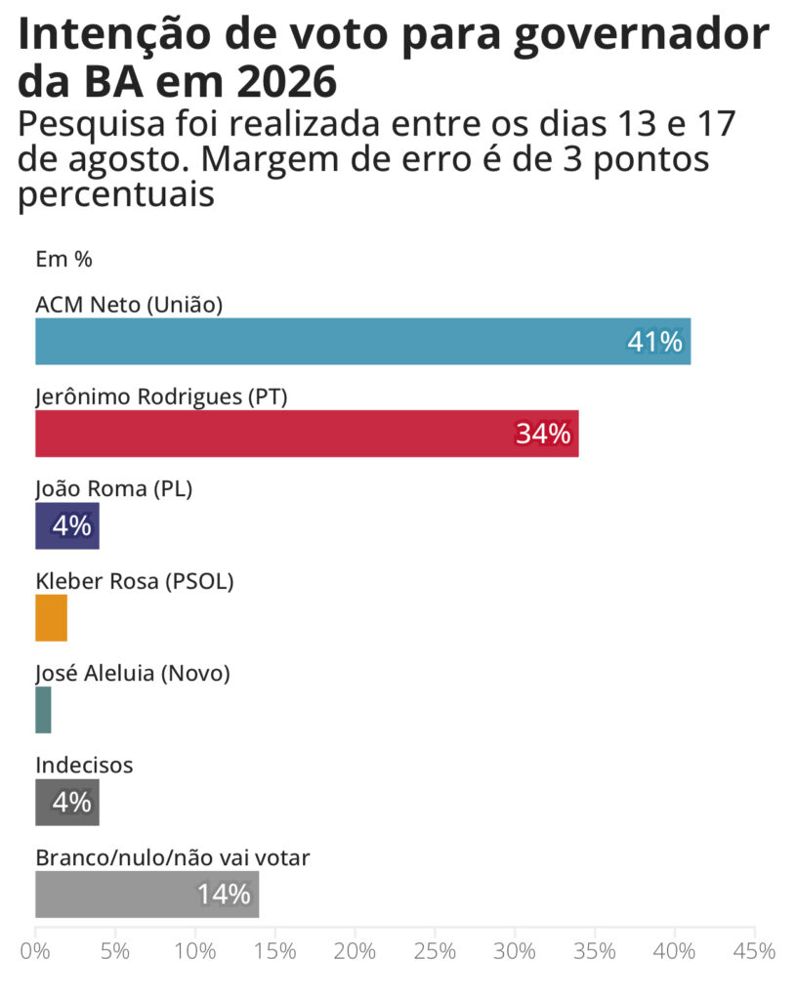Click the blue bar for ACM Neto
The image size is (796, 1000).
pos(363,341)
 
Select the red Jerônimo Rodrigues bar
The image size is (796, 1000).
pos(307,434)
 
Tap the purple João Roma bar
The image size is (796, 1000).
pos(67,525)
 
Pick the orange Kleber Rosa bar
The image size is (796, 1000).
pos(51,618)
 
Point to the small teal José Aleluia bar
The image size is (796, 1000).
pos(43,710)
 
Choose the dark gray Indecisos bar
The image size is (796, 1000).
pos(67,803)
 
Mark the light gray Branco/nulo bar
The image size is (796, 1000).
pos(147,895)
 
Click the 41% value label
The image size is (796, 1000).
pos(655,342)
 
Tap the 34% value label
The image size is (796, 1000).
pos(543,434)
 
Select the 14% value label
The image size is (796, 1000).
pos(224,895)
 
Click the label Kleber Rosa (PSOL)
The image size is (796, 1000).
pos(135,581)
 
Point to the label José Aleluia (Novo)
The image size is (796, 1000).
pos(133,673)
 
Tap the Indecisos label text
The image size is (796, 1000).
pos(84,765)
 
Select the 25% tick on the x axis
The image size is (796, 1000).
pos(435,951)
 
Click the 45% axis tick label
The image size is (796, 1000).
pos(755,951)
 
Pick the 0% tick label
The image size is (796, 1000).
pos(35,951)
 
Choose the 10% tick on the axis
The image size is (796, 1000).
pos(195,951)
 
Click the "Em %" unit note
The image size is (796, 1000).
pos(63,260)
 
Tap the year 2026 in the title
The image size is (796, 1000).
pos(287,82)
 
